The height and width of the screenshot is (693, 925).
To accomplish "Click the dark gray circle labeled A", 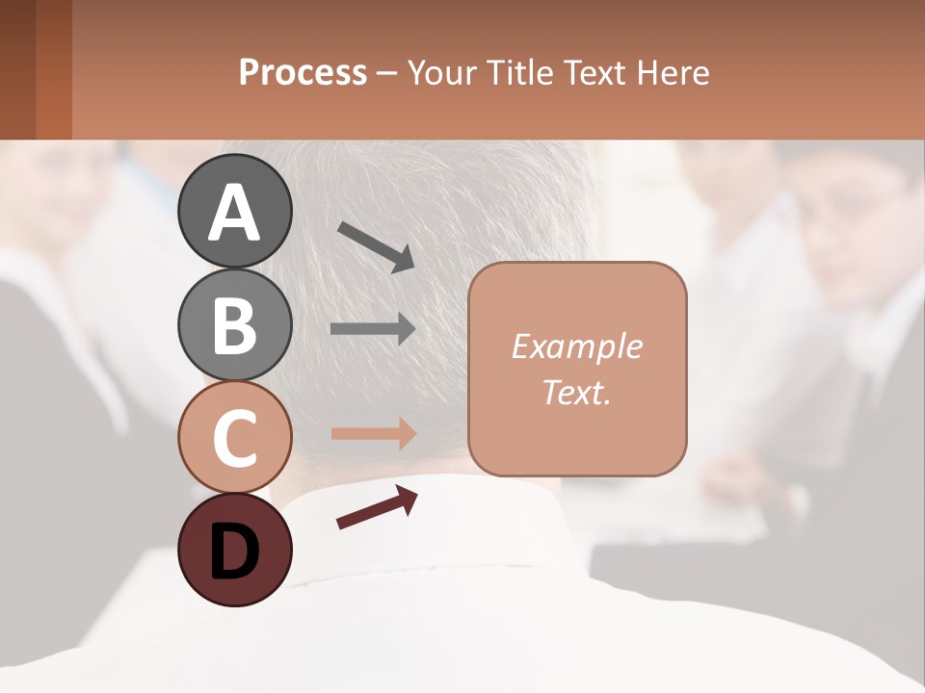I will pos(234,211).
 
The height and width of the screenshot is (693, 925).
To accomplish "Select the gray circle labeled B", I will pos(234,324).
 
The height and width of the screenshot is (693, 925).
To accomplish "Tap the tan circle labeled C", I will pos(234,438).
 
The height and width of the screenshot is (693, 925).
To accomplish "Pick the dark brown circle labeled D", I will pos(234,551).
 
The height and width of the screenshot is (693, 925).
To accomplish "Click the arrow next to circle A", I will pos(376,246).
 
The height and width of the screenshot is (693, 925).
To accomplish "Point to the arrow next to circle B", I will pos(373,329).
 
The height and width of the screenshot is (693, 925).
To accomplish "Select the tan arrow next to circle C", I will pos(373,433).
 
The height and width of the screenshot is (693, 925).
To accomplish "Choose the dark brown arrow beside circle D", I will pos(377,508).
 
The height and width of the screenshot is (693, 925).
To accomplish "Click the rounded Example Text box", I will pos(577,369).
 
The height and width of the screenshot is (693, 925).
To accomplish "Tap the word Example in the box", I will pos(577,346).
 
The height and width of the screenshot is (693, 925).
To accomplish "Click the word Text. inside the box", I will pos(577,392).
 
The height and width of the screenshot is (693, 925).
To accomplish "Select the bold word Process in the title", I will pos(303,72).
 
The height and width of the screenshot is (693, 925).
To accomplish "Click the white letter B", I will pos(234,324).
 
